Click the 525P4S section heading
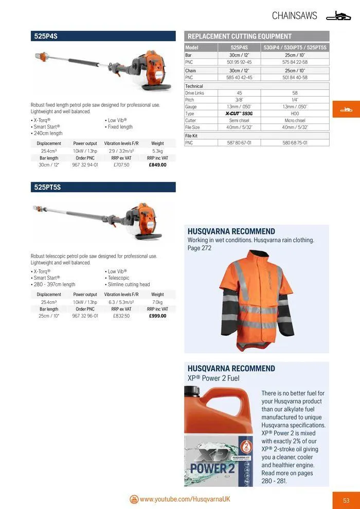pyautogui.click(x=46, y=36)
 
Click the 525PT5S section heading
pyautogui.click(x=47, y=187)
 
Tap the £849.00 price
pyautogui.click(x=157, y=165)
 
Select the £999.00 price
pyautogui.click(x=157, y=316)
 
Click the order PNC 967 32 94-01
pyautogui.click(x=85, y=165)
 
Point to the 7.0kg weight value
pyautogui.click(x=157, y=302)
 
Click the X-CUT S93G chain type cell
pyautogui.click(x=239, y=113)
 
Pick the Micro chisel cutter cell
pyautogui.click(x=295, y=120)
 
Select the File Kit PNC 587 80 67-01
pyautogui.click(x=239, y=143)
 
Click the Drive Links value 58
pyautogui.click(x=295, y=93)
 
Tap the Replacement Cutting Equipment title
pyautogui.click(x=240, y=36)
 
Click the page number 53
pyautogui.click(x=346, y=500)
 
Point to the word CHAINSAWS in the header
pyautogui.click(x=294, y=16)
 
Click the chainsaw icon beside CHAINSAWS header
pyautogui.click(x=338, y=16)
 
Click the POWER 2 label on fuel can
pyautogui.click(x=211, y=468)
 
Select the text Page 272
pyautogui.click(x=199, y=248)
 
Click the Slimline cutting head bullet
pyautogui.click(x=129, y=284)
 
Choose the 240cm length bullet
pyautogui.click(x=48, y=133)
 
